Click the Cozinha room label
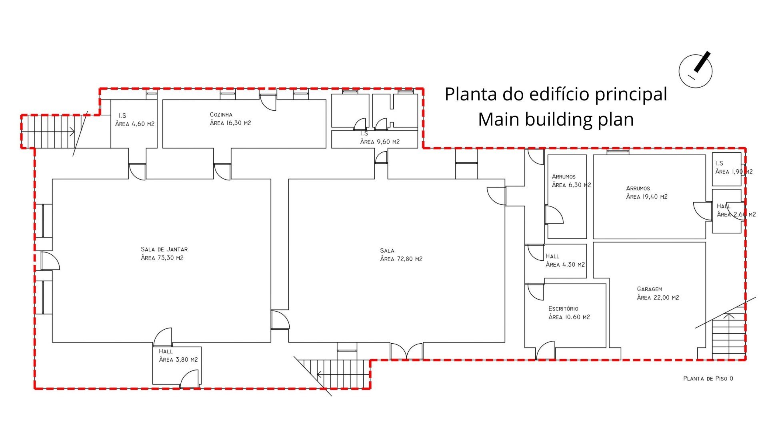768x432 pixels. click(221, 115)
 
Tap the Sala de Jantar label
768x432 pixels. click(164, 249)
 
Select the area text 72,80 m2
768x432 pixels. click(401, 259)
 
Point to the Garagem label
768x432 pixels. click(650, 289)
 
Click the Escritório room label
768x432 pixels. click(563, 308)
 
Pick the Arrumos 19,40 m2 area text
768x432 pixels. click(647, 197)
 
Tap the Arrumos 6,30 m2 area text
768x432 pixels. click(572, 185)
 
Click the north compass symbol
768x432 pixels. click(696, 70)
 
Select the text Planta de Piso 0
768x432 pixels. click(708, 378)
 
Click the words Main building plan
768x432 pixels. click(556, 119)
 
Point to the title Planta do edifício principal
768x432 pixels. click(556, 94)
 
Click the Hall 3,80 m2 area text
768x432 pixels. click(178, 360)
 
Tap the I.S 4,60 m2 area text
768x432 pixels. click(135, 124)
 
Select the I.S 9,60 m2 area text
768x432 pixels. click(380, 142)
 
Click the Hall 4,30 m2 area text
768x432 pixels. click(565, 265)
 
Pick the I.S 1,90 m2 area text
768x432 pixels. click(734, 172)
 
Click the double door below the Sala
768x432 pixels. click(406, 351)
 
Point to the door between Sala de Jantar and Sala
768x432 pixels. click(280, 320)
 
